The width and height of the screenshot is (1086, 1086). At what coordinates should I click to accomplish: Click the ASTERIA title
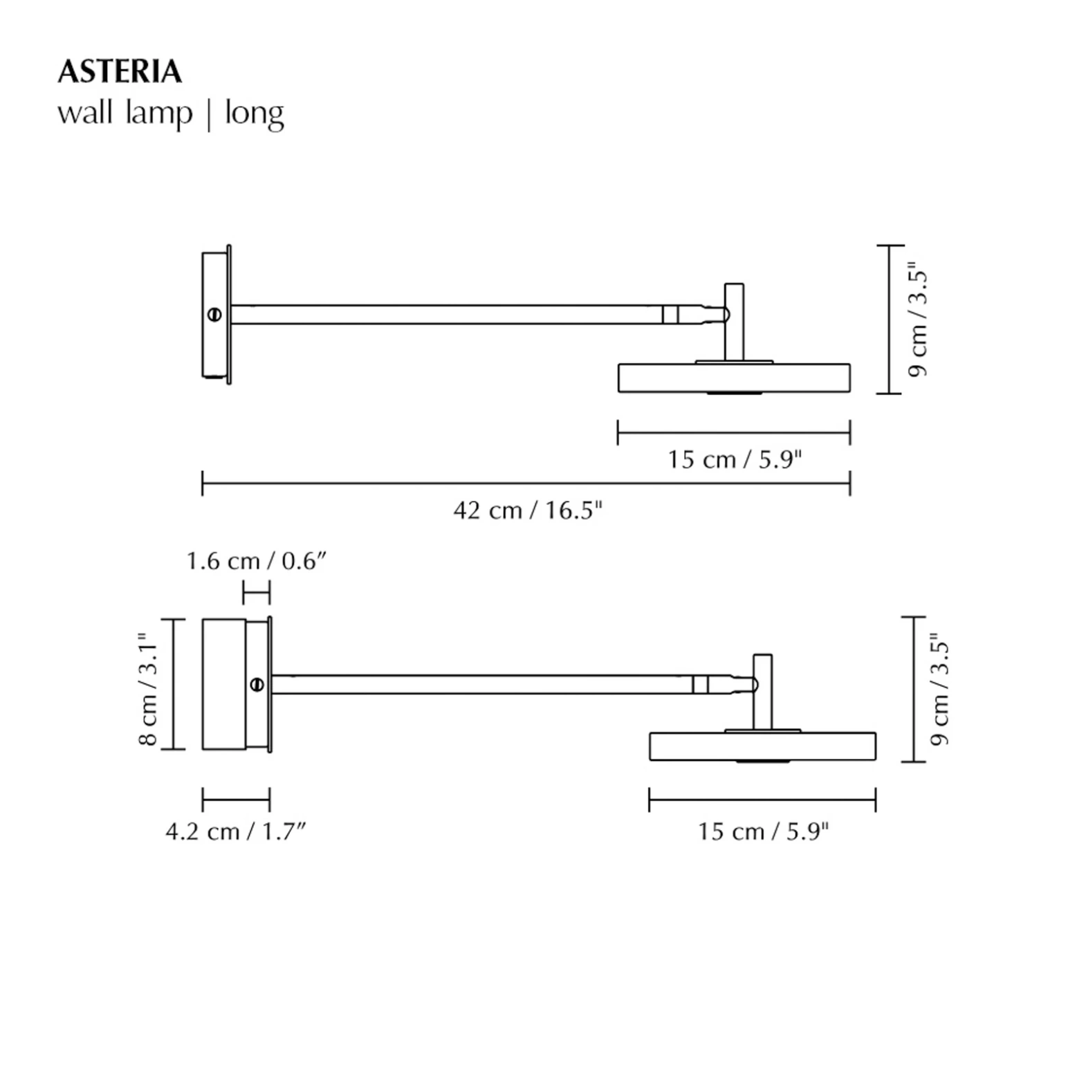pyautogui.click(x=120, y=72)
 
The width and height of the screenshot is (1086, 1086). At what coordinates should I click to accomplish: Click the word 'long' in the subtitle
pyautogui.click(x=254, y=113)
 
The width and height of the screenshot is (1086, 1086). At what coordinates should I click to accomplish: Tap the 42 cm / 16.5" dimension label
pyautogui.click(x=528, y=510)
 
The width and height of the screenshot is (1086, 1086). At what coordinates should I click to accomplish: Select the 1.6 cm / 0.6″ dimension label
pyautogui.click(x=255, y=560)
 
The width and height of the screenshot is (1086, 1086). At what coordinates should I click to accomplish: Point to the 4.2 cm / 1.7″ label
pyautogui.click(x=235, y=831)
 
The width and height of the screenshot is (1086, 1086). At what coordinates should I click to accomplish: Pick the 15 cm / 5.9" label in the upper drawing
pyautogui.click(x=734, y=459)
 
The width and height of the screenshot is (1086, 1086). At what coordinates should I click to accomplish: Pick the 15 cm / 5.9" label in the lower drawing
pyautogui.click(x=762, y=831)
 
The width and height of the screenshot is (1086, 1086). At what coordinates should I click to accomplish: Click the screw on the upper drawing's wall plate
pyautogui.click(x=214, y=315)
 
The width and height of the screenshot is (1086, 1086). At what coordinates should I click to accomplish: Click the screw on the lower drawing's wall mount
pyautogui.click(x=257, y=685)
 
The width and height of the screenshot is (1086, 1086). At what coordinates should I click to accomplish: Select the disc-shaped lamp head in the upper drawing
pyautogui.click(x=733, y=378)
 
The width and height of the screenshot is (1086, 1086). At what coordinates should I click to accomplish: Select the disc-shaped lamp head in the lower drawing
pyautogui.click(x=762, y=746)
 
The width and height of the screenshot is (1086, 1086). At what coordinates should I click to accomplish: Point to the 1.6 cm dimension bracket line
pyautogui.click(x=256, y=593)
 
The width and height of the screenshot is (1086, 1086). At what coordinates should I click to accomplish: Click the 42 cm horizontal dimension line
pyautogui.click(x=526, y=483)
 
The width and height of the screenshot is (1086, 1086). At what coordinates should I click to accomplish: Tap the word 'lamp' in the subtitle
pyautogui.click(x=159, y=113)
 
